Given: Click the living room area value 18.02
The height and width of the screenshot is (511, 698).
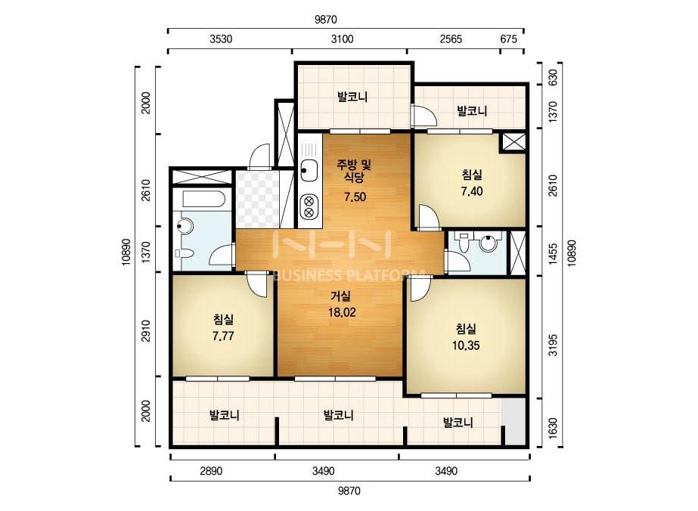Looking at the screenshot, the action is point(342,312).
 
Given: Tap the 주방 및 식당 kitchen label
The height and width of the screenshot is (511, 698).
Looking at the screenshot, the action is point(353,172).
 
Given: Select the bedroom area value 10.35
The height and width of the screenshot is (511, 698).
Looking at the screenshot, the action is point(466,345).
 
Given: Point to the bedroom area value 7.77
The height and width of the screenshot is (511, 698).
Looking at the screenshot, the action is point(223,336).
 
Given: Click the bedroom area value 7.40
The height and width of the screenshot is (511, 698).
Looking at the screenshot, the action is point(472,191).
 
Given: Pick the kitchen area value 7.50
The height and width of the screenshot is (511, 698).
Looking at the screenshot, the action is point(355,197).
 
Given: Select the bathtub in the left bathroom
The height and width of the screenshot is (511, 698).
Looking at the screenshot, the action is point(203,199).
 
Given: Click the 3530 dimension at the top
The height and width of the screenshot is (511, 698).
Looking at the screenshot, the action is point(222,39).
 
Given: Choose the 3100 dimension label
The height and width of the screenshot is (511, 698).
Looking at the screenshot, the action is point(343,39).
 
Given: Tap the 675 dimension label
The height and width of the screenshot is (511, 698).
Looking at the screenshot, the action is point(508,39).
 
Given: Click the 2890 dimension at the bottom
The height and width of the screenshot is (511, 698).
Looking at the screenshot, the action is point(211,471).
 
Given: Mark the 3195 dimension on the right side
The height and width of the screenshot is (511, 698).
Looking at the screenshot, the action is point(553,345).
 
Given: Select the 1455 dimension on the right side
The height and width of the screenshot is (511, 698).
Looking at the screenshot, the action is point(553,254).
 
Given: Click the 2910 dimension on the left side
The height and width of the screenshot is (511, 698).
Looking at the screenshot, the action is point(146,331).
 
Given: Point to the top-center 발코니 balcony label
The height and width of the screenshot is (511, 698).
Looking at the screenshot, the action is point(352,97).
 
